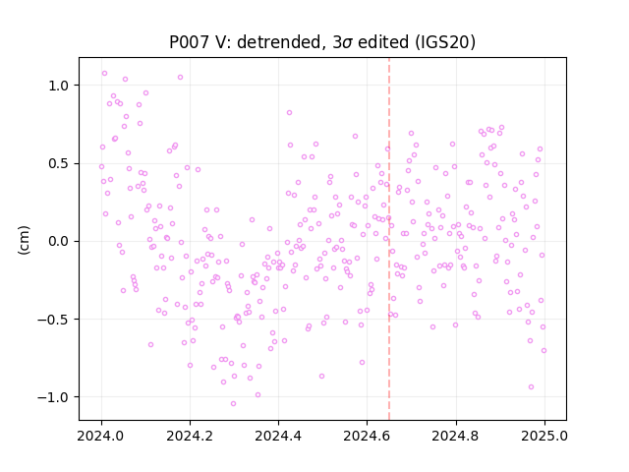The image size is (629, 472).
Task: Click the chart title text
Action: [x=322, y=42]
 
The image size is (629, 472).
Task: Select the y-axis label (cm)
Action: [x=24, y=240]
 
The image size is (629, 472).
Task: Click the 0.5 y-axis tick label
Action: [x=59, y=164]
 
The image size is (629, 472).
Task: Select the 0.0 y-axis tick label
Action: [x=59, y=242]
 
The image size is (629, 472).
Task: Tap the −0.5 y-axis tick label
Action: [x=53, y=320]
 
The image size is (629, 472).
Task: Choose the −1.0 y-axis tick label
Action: [x=53, y=397]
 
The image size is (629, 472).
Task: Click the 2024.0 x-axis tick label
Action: [x=101, y=436]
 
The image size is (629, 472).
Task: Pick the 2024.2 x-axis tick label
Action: [x=190, y=436]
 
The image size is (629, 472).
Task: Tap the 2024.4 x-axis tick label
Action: [x=278, y=436]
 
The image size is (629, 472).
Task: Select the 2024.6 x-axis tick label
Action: [x=367, y=436]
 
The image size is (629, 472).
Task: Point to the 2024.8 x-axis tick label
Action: [x=456, y=436]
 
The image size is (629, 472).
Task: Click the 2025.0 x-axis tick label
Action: [x=544, y=436]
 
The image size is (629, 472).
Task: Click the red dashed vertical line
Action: [x=389, y=239]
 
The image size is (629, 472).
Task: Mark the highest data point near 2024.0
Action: [x=105, y=74]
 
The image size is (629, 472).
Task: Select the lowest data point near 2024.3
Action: [x=233, y=404]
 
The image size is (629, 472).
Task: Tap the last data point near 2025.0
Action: [x=543, y=351]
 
